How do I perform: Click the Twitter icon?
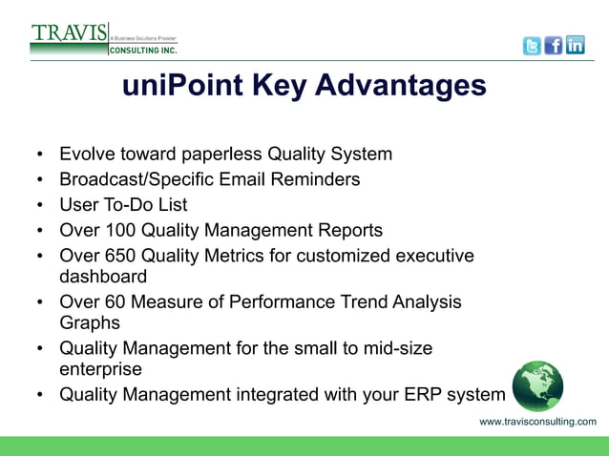coord(532,46)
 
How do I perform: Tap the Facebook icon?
coord(554,46)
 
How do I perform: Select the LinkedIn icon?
coord(575,46)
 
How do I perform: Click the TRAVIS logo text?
coord(68,32)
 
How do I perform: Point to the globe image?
coord(537,386)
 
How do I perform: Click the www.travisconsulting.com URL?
coord(537,422)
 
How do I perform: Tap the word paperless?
coord(218,154)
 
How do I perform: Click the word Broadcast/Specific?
coord(137,179)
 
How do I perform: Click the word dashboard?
coord(103,277)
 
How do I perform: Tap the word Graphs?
coord(89,323)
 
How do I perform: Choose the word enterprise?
coord(100,369)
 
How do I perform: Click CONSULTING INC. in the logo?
coord(141,50)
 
